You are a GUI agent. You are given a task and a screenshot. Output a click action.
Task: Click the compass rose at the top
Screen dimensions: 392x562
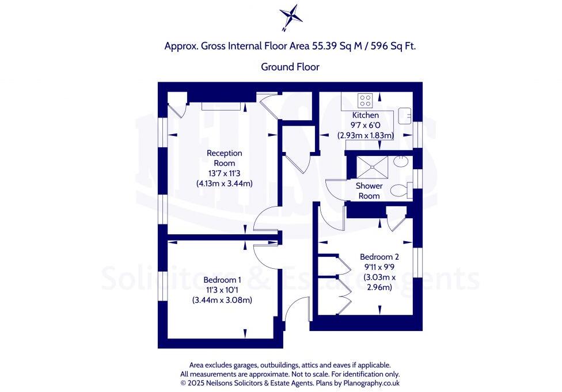click(x=290, y=16)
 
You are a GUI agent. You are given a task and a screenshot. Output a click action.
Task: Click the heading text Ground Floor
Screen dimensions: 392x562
click(x=290, y=67)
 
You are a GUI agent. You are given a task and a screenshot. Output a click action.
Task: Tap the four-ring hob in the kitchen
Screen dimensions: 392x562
click(x=365, y=101)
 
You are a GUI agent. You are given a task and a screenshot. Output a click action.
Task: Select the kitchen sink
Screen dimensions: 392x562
click(x=405, y=113)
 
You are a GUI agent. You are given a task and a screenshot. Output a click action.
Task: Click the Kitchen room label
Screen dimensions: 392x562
click(x=365, y=116)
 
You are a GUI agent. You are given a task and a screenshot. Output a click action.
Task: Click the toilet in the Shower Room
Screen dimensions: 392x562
click(x=399, y=189)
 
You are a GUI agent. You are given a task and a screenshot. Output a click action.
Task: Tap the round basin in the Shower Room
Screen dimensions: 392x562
click(x=401, y=162)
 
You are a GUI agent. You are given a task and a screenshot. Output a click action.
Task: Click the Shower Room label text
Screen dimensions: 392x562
click(x=369, y=191)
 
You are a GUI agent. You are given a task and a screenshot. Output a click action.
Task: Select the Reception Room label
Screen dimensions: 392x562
click(x=225, y=158)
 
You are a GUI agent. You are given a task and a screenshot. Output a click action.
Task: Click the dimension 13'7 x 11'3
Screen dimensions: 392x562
click(x=225, y=174)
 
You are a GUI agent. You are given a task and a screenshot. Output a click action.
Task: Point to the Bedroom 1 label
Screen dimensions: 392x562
click(x=222, y=280)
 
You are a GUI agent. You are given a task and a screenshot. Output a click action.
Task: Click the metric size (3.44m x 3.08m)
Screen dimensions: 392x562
click(x=222, y=300)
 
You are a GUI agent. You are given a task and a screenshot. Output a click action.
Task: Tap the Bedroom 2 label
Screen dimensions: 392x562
click(x=379, y=257)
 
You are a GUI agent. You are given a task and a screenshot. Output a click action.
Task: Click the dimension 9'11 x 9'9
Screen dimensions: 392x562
click(x=379, y=267)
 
